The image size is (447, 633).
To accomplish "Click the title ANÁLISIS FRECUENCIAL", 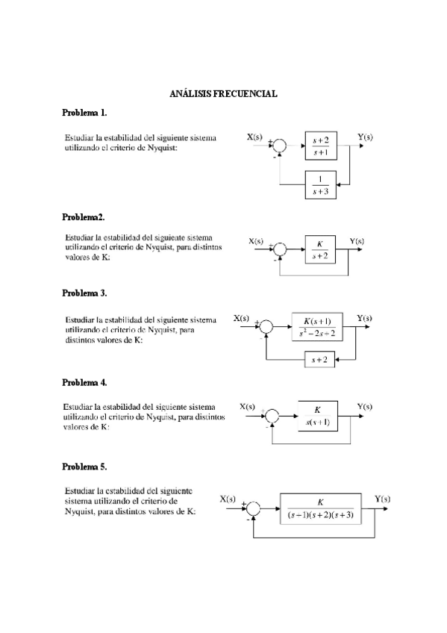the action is pyautogui.click(x=224, y=94).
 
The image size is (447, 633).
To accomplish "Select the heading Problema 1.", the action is pyautogui.click(x=84, y=113).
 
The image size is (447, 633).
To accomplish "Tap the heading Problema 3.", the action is pyautogui.click(x=84, y=293).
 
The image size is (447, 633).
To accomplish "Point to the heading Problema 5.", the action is pyautogui.click(x=84, y=467).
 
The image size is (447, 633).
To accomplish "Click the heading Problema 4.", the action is pyautogui.click(x=84, y=381).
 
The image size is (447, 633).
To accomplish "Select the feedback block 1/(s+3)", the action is pyautogui.click(x=322, y=184).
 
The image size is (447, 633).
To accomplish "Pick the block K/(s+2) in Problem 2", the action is pyautogui.click(x=322, y=249).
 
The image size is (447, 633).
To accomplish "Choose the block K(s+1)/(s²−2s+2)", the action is pyautogui.click(x=316, y=326).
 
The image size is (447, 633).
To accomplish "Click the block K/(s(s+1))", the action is pyautogui.click(x=317, y=416).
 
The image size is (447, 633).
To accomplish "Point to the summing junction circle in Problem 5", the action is pyautogui.click(x=254, y=508).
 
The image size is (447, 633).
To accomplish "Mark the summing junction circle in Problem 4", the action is pyautogui.click(x=273, y=416).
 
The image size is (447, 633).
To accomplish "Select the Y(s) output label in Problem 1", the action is pyautogui.click(x=366, y=137).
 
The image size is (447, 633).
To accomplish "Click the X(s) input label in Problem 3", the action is pyautogui.click(x=242, y=318).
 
